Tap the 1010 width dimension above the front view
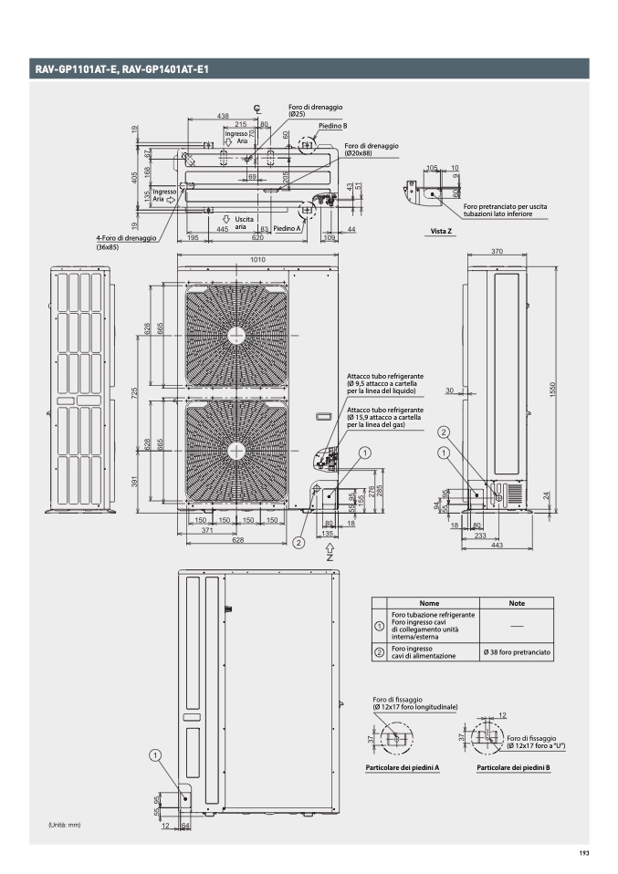pyautogui.click(x=258, y=260)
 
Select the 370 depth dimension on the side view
pyautogui.click(x=498, y=251)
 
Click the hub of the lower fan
pyautogui.click(x=236, y=449)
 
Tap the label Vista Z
pyautogui.click(x=442, y=232)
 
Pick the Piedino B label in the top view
pyautogui.click(x=333, y=127)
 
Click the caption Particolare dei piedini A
pyautogui.click(x=403, y=768)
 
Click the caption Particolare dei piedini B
pyautogui.click(x=513, y=768)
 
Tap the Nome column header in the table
pyautogui.click(x=427, y=604)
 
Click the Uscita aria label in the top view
pyautogui.click(x=244, y=223)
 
